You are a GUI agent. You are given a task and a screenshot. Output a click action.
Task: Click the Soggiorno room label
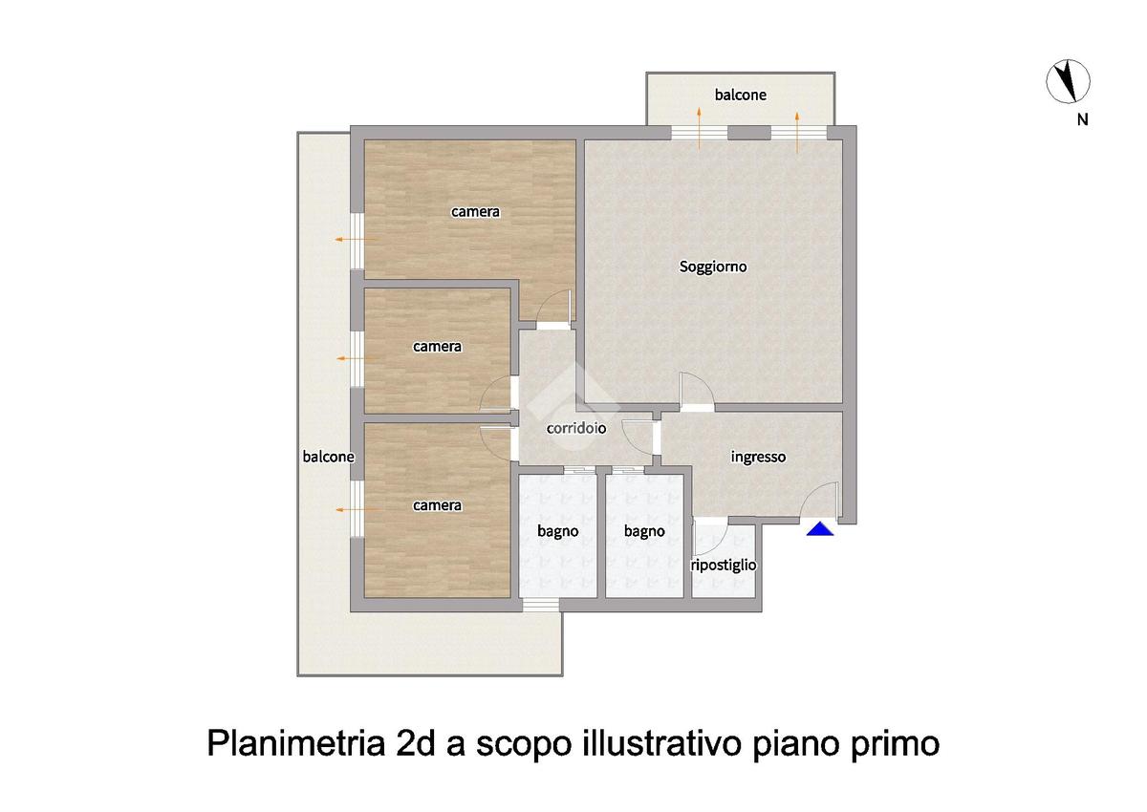tap(713, 267)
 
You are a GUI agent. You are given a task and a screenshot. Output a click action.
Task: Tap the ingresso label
tap(758, 457)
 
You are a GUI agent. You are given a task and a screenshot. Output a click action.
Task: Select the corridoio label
tap(576, 428)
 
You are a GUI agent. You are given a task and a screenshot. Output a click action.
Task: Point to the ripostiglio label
tap(723, 566)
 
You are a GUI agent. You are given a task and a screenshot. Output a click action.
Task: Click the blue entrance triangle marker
tap(820, 529)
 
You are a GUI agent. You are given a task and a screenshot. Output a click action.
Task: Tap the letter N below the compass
tap(1082, 119)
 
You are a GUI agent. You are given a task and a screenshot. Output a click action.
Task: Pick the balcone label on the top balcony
tap(741, 95)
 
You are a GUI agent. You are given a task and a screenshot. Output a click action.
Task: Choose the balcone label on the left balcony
tap(328, 457)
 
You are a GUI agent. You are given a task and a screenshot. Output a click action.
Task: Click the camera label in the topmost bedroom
tap(475, 212)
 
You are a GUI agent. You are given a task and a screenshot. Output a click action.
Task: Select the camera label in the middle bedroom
tap(437, 347)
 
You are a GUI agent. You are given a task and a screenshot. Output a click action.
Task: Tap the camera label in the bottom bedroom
tap(437, 505)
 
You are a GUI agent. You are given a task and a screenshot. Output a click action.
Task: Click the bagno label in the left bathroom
tap(557, 532)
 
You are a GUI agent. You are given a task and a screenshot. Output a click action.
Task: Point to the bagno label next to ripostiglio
tap(644, 532)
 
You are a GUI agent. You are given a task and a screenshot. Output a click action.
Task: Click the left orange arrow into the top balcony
tap(699, 128)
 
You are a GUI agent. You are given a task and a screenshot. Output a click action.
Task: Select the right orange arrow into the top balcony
tap(797, 133)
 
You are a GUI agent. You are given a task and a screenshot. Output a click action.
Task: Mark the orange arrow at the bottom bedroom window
tap(357, 509)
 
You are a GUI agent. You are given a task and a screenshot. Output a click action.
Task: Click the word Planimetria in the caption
tap(296, 744)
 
